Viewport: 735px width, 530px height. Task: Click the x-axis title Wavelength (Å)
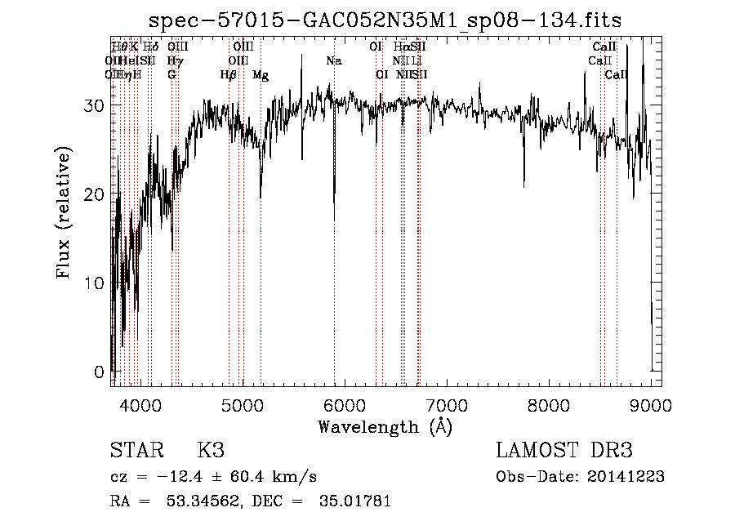(385, 426)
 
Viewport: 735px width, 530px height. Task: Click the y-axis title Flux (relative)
(64, 212)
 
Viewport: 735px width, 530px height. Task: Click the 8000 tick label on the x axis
(548, 404)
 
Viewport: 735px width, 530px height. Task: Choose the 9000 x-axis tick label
(650, 404)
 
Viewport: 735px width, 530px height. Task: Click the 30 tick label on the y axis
(95, 105)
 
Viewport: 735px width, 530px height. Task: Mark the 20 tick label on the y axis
(95, 194)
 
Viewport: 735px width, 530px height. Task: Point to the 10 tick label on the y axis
(95, 283)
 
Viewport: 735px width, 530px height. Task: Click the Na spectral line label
(333, 61)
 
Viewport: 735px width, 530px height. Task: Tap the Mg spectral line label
(261, 75)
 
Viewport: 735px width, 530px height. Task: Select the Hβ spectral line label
(228, 75)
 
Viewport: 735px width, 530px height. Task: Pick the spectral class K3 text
(210, 452)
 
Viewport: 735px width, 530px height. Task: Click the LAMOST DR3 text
(563, 452)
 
